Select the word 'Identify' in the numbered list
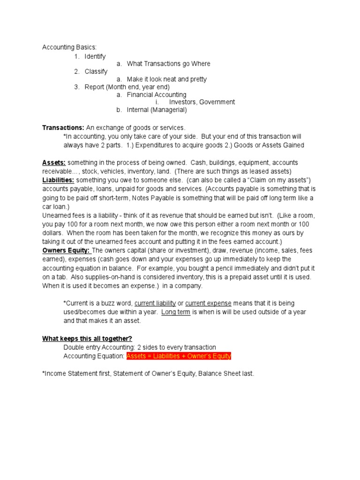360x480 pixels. point(95,56)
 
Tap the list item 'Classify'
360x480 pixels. point(96,72)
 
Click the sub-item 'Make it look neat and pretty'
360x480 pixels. point(166,79)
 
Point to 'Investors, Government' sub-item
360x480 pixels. point(202,102)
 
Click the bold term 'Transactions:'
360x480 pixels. point(63,127)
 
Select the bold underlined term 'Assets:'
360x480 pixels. point(54,162)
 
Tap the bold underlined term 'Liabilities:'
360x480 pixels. point(58,180)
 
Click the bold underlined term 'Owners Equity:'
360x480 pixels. point(66,250)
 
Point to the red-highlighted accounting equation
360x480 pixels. point(179,356)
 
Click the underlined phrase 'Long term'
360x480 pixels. point(176,312)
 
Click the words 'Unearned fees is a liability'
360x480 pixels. point(82,215)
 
